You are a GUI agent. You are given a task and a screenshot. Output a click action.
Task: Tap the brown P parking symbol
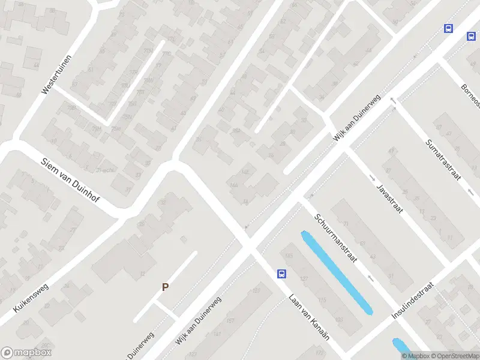coord(165,287)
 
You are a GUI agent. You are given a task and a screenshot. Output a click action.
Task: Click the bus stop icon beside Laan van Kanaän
coord(281,274)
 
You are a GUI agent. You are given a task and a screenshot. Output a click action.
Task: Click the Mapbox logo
coord(26,353)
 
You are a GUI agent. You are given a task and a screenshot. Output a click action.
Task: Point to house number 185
coord(290,257)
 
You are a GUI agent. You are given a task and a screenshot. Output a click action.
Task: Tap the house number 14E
coord(245,172)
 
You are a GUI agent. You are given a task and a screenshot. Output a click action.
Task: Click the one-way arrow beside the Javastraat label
coord(372,178)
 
